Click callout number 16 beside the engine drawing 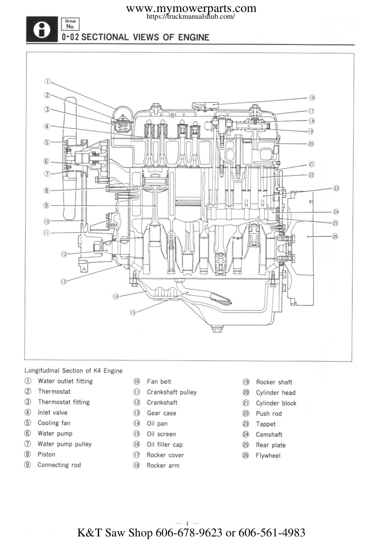(x=312, y=98)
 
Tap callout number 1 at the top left (x=48, y=81)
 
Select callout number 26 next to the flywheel (x=335, y=236)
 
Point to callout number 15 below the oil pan (x=133, y=313)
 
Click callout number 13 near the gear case (x=64, y=281)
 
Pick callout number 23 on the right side (x=336, y=188)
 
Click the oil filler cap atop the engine (x=206, y=105)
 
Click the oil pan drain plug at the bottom (x=217, y=329)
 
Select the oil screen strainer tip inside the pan (x=222, y=300)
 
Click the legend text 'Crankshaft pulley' (x=172, y=392)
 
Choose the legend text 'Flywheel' (x=268, y=456)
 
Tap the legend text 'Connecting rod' (x=59, y=465)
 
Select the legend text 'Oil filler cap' (x=165, y=444)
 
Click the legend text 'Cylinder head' (x=275, y=393)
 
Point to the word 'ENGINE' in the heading (x=194, y=37)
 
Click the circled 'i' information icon (x=42, y=29)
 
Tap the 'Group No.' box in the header (x=70, y=24)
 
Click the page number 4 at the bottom (x=187, y=523)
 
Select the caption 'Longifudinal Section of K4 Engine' (x=73, y=371)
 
